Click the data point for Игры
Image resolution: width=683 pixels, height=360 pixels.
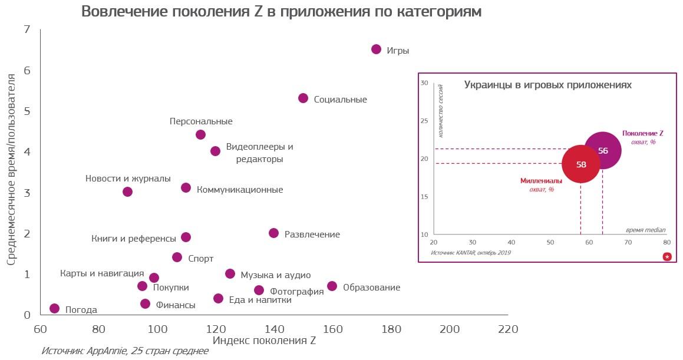coord(376,49)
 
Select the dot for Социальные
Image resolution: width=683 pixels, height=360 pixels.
coord(303,98)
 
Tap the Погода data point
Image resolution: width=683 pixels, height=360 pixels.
coord(54,308)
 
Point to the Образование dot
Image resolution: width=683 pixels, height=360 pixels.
coord(332,286)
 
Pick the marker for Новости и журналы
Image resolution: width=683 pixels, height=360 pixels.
coord(127,191)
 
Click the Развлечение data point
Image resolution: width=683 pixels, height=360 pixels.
coord(273,233)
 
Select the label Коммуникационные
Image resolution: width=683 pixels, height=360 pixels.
coord(240,190)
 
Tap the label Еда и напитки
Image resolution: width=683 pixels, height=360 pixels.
coord(260,299)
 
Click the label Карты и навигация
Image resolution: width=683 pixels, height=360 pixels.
coord(102,273)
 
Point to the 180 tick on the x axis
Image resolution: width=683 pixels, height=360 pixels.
coord(391,329)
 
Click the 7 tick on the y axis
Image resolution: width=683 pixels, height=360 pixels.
coord(27,29)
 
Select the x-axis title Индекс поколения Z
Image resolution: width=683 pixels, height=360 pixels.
coord(264,341)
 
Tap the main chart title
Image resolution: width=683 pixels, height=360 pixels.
coord(281,12)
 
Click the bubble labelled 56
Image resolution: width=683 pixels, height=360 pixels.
coord(602,150)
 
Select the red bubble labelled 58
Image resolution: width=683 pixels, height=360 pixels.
coord(581,164)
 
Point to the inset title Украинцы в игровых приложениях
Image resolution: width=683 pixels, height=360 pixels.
coord(547,85)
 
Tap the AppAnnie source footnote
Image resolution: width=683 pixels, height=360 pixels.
coord(124,351)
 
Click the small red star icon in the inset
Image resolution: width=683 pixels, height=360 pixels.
coord(666,256)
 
